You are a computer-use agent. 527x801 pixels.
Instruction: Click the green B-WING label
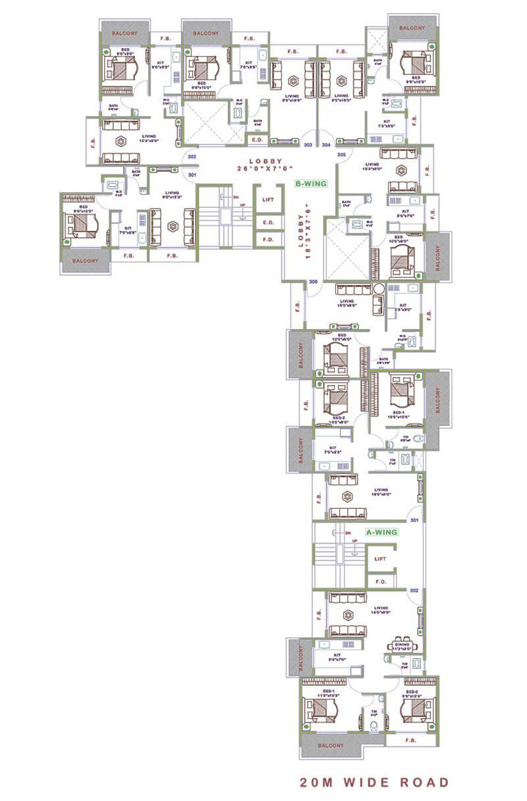click(x=311, y=184)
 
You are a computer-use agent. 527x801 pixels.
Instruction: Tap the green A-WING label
click(x=381, y=532)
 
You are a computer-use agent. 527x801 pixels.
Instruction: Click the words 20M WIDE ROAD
click(x=374, y=783)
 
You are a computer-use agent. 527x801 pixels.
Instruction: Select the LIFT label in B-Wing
click(x=268, y=199)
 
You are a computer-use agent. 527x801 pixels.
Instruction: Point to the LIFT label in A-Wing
click(x=380, y=559)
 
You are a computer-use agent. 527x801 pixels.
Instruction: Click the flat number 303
click(x=308, y=145)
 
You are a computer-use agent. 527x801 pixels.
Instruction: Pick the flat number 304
click(x=326, y=145)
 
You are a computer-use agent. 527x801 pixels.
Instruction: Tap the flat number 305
click(x=341, y=154)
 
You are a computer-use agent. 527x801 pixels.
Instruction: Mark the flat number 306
click(x=314, y=282)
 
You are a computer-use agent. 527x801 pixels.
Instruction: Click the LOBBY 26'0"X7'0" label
click(x=265, y=165)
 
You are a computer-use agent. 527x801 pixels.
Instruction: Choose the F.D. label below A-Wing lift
click(x=380, y=582)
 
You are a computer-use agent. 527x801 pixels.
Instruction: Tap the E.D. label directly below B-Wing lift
click(x=268, y=222)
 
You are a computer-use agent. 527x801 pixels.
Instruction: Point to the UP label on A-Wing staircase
click(x=354, y=540)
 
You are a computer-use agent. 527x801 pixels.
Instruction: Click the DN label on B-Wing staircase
click(x=236, y=197)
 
